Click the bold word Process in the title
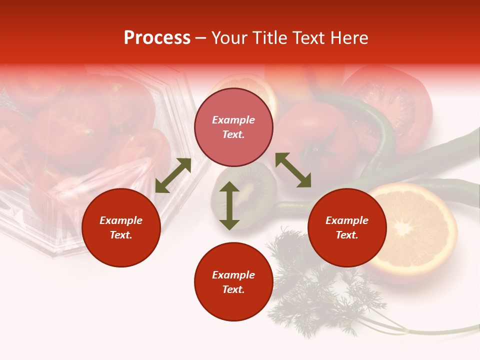(x=157, y=38)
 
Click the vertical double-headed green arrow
(x=229, y=205)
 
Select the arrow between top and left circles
(x=173, y=175)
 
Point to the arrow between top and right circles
(x=293, y=170)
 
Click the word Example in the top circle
(x=233, y=120)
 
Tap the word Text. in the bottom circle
(x=233, y=289)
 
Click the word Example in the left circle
(x=121, y=220)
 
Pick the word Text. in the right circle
(x=347, y=235)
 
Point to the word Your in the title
(x=227, y=38)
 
